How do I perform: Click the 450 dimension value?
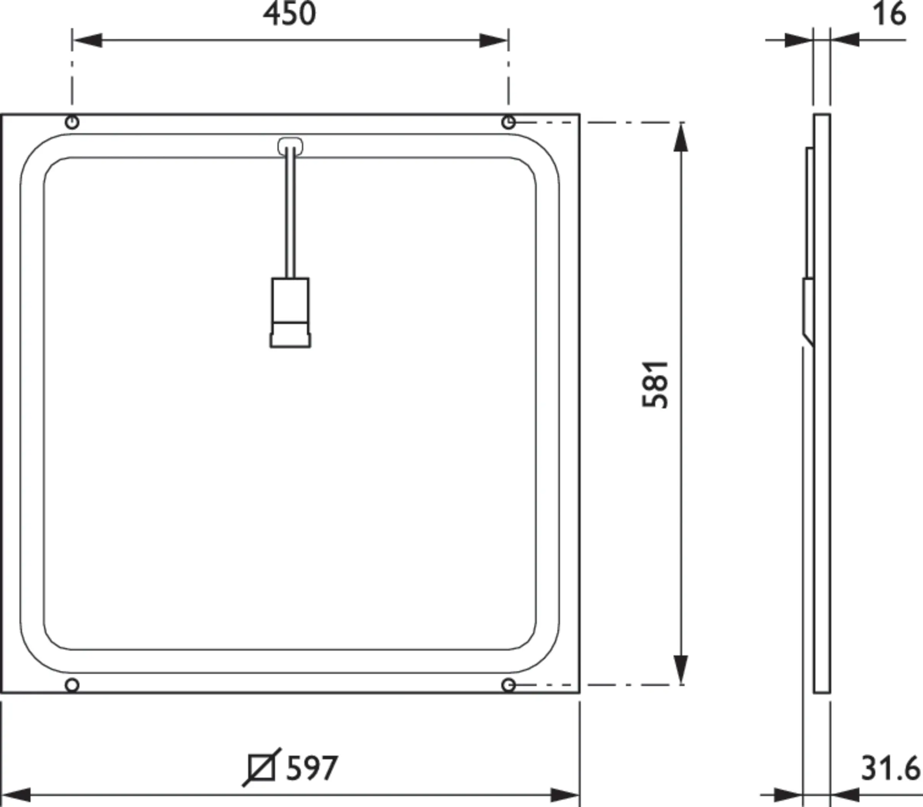click(x=290, y=14)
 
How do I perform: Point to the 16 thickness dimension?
click(x=889, y=14)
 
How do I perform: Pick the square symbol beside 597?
click(x=262, y=768)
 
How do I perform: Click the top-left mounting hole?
click(x=72, y=122)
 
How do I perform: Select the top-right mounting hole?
click(x=508, y=122)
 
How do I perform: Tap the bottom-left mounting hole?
click(x=72, y=685)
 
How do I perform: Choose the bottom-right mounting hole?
click(x=508, y=685)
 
